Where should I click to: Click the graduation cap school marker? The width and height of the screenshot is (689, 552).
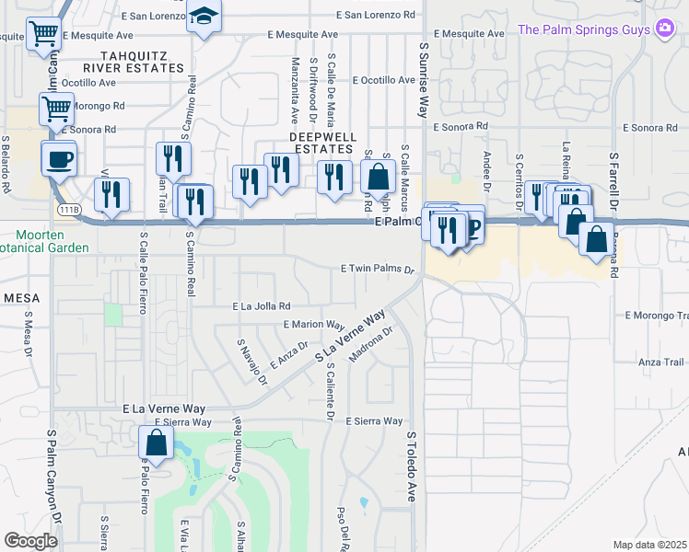point(204,17)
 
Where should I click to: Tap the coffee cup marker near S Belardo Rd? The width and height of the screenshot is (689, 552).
point(60,158)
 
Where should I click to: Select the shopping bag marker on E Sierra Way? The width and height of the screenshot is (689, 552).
point(156,443)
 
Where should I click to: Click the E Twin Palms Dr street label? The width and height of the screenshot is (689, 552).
point(378,270)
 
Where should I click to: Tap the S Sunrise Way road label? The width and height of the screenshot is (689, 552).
point(425,81)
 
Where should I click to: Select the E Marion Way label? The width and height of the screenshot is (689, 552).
point(313,325)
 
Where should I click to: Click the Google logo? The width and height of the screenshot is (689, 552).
point(30,540)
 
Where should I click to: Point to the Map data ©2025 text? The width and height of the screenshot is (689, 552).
point(649,545)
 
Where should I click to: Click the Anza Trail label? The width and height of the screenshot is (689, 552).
point(661,362)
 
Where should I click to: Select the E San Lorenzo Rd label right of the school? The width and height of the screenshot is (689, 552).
point(376,16)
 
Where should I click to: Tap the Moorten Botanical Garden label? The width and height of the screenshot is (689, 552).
point(43,241)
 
